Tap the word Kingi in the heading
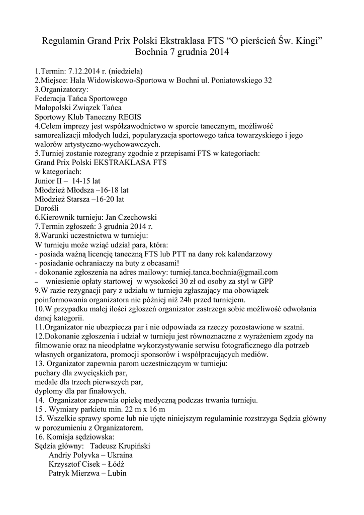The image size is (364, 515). (x=306, y=40)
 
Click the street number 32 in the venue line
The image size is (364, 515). (x=268, y=80)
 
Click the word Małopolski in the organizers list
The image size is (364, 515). (x=53, y=107)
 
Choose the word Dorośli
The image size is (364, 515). (x=47, y=208)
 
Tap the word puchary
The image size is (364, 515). (x=49, y=373)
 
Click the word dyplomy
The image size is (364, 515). (x=50, y=391)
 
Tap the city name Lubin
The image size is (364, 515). (x=115, y=473)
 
